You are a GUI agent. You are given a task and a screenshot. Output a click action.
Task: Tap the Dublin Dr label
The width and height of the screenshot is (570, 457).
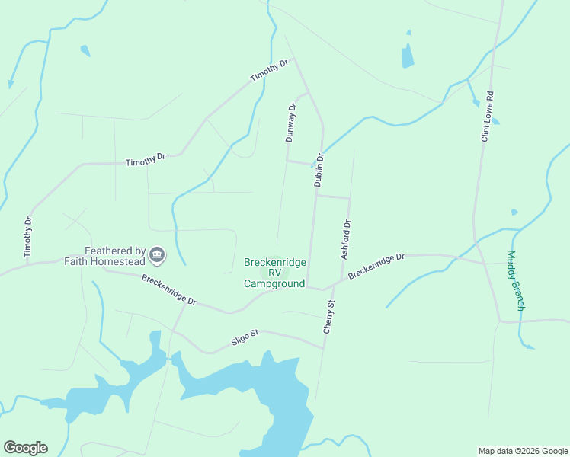tap(319, 170)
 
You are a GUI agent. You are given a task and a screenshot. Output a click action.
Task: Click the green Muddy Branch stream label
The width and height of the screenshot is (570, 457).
tap(516, 280)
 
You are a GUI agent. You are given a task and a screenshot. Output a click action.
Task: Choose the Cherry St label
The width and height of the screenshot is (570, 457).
tap(329, 317)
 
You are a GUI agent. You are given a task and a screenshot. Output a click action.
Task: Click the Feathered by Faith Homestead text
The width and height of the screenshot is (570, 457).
tap(115, 256)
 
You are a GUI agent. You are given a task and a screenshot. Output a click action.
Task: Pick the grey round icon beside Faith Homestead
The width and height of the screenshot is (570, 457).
tap(158, 255)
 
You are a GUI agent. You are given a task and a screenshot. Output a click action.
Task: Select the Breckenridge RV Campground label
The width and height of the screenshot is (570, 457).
tap(274, 273)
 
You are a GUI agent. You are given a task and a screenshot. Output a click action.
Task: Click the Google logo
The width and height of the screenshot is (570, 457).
tap(25, 448)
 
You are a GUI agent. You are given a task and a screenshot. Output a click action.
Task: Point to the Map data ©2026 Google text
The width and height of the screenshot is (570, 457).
tap(522, 451)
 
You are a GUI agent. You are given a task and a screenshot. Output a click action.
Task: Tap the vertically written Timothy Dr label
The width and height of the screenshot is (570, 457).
tap(28, 236)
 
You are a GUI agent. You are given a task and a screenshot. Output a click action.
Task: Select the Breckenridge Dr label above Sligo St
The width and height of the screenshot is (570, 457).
tap(169, 290)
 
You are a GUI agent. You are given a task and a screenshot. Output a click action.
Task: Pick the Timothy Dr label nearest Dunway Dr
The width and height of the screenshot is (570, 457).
tap(269, 72)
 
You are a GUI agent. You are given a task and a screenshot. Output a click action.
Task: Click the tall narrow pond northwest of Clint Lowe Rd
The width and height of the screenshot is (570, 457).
tap(408, 55)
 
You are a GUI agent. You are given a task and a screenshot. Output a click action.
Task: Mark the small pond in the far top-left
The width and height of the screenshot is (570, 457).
tap(85, 51)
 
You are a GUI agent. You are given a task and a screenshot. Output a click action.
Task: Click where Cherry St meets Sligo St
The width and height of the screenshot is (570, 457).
tap(325, 349)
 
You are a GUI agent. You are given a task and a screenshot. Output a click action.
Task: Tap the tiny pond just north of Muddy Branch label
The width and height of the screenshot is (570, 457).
tap(514, 212)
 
